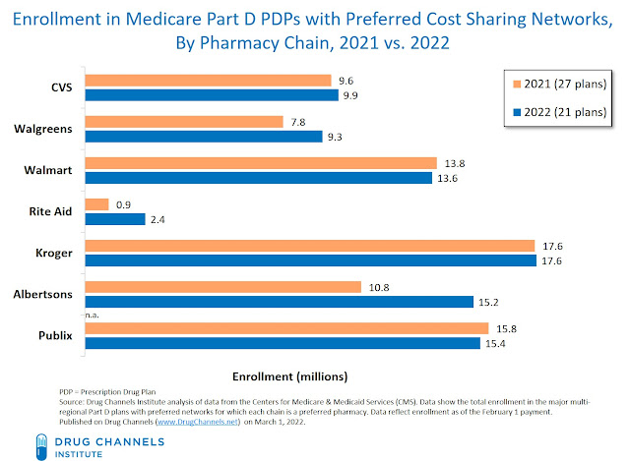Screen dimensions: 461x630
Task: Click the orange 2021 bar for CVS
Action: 209,81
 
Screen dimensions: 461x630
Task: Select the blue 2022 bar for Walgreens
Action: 205,137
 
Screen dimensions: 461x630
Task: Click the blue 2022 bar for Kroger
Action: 310,259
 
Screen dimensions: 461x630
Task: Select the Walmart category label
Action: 51,169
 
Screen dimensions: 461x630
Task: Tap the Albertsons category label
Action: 46,295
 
